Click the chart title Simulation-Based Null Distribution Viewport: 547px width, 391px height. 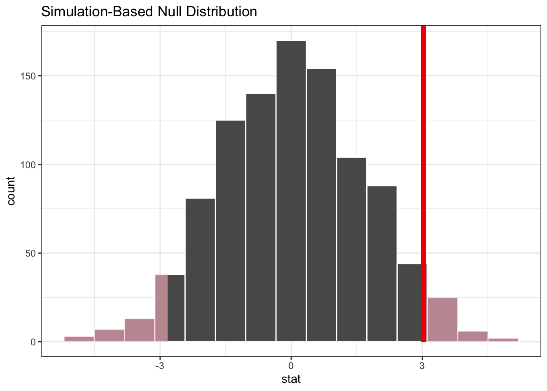pos(149,12)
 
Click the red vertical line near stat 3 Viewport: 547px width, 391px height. pos(423,183)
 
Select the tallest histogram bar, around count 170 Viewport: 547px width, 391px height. pos(291,191)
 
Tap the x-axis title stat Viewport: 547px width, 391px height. pos(291,379)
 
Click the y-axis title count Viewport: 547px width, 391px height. pos(11,191)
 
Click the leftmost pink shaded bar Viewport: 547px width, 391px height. pos(79,339)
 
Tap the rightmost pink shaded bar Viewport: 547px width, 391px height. pos(503,340)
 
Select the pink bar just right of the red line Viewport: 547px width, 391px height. pos(442,320)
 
